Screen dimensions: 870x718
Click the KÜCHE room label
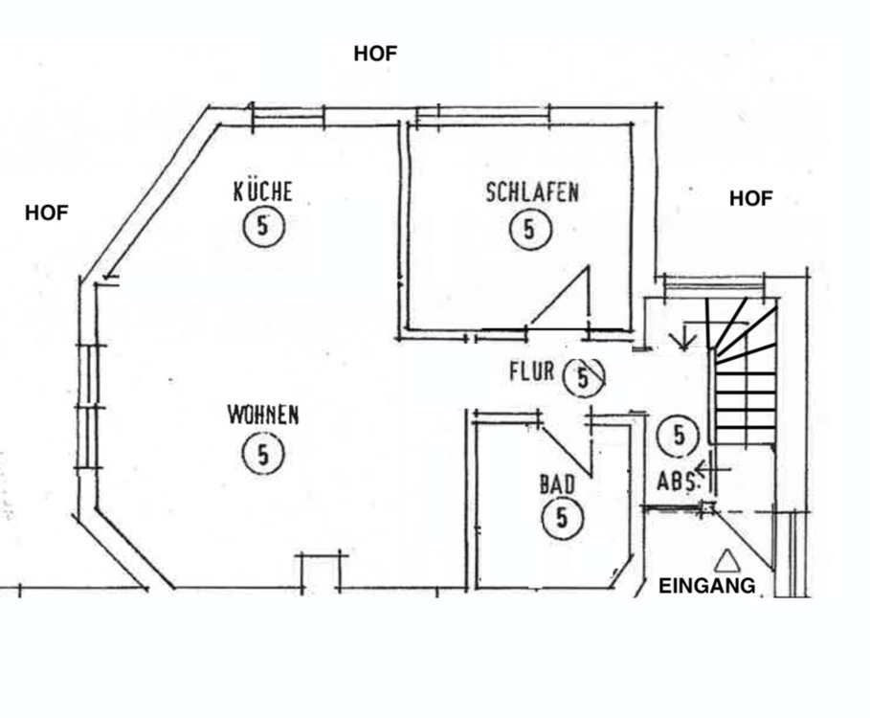pos(262,191)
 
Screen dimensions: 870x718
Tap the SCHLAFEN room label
pos(531,191)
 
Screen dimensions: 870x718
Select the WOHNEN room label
pos(262,415)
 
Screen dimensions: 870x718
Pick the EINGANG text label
pos(706,586)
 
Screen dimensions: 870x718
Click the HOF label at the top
pos(375,54)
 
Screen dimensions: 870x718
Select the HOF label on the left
pos(47,213)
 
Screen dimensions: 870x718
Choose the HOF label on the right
pos(750,199)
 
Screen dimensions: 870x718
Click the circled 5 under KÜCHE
pos(264,228)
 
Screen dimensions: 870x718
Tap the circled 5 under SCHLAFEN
pos(529,230)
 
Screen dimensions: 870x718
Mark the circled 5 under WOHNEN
pos(263,453)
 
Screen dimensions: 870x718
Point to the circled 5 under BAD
pos(562,519)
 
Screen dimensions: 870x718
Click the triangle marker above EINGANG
pos(727,559)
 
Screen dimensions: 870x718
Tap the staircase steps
pos(745,383)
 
